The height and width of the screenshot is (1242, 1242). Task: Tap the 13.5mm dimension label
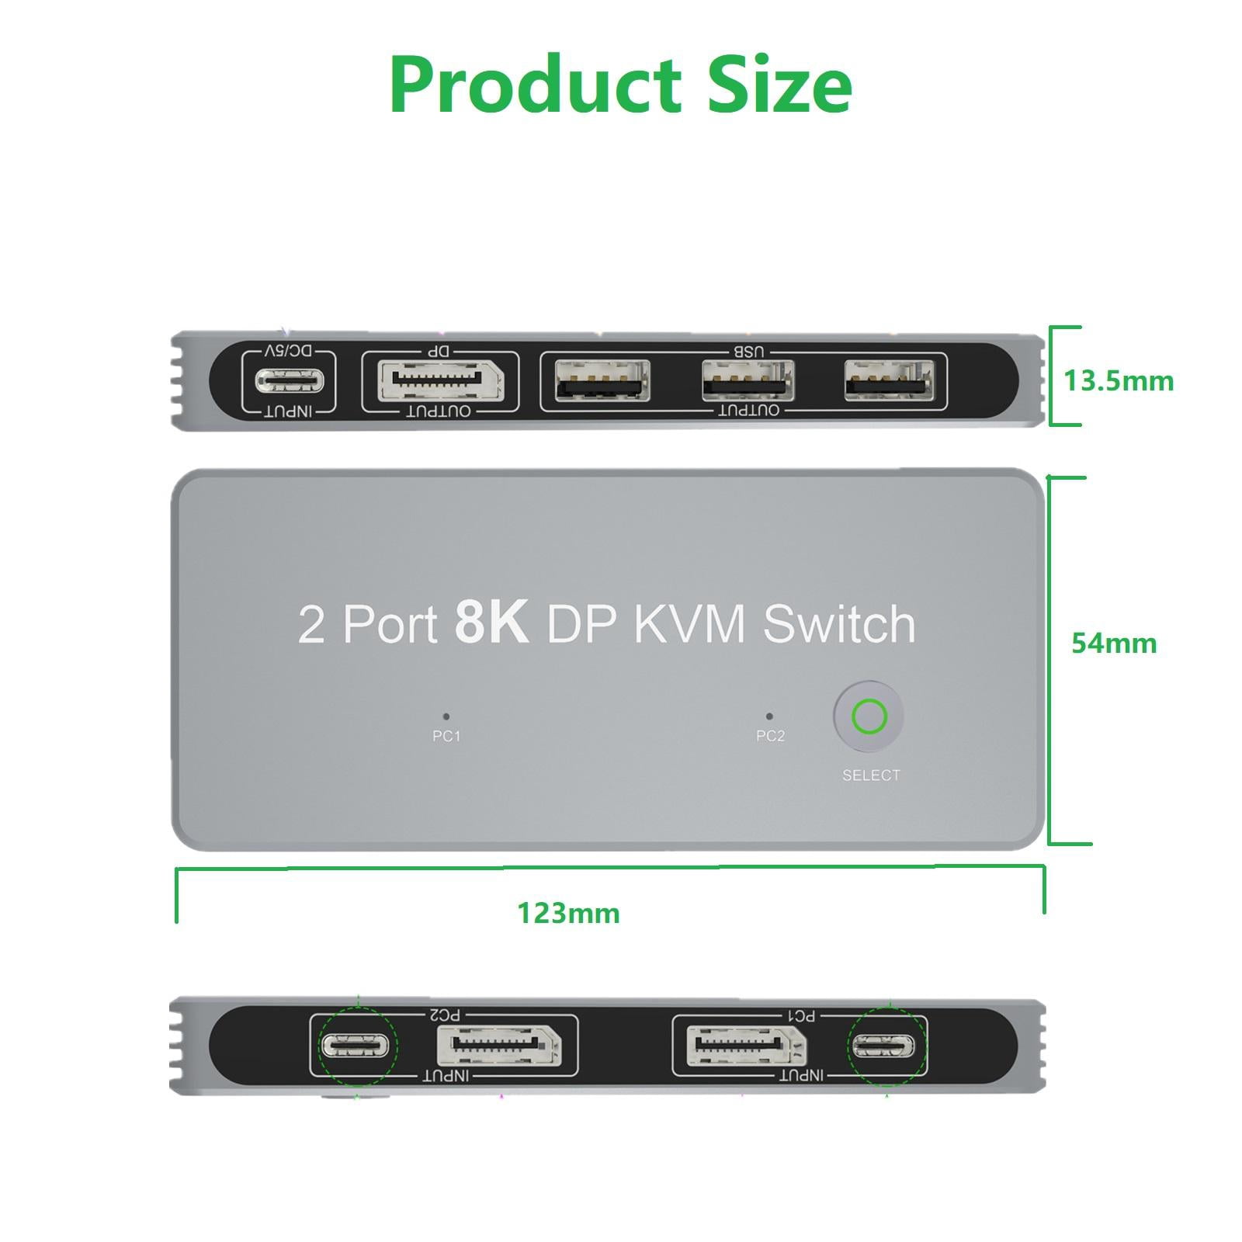pyautogui.click(x=1118, y=381)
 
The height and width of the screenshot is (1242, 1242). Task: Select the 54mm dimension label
pyautogui.click(x=1114, y=643)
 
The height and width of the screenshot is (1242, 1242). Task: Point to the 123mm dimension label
pyautogui.click(x=568, y=913)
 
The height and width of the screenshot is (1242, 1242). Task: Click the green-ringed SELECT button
pyautogui.click(x=869, y=716)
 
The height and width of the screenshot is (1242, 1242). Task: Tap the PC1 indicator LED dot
pyautogui.click(x=446, y=716)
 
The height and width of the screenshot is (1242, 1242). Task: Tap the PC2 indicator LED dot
pyautogui.click(x=769, y=716)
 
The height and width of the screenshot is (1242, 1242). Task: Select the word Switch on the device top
pyautogui.click(x=839, y=623)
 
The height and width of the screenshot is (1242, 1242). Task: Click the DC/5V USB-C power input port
pyautogui.click(x=288, y=380)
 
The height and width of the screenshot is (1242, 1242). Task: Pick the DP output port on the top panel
pyautogui.click(x=440, y=381)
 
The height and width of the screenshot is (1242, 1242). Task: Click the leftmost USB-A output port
pyautogui.click(x=602, y=380)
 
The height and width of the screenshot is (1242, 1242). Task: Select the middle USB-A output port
pyautogui.click(x=748, y=380)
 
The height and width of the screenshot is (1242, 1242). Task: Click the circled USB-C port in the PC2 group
pyautogui.click(x=355, y=1046)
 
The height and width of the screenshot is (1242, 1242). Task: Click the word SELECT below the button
pyautogui.click(x=871, y=775)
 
